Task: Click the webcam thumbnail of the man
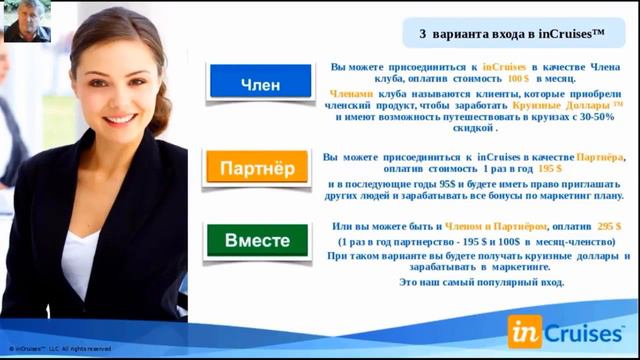click(28, 21)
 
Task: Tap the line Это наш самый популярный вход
click(482, 283)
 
